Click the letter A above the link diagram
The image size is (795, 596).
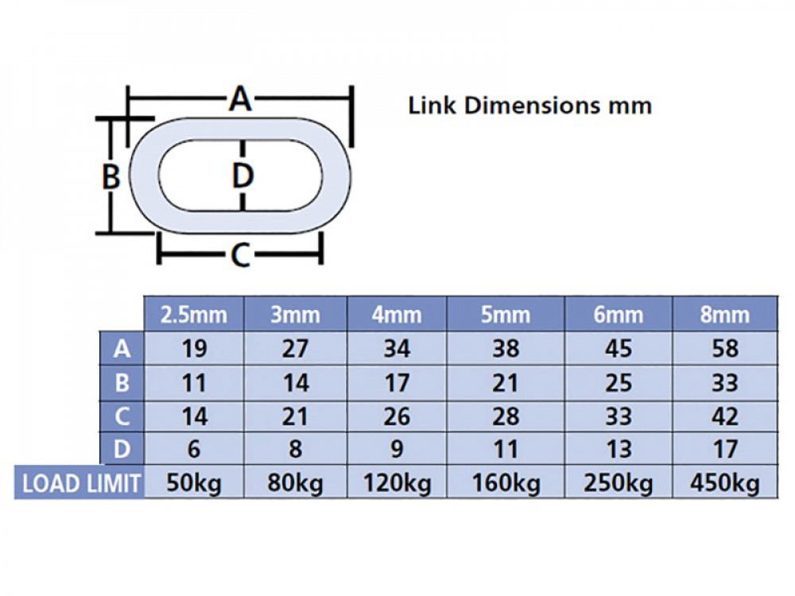click(x=240, y=99)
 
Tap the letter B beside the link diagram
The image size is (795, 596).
click(x=111, y=177)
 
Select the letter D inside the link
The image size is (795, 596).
click(x=242, y=176)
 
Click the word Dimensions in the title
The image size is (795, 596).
click(x=531, y=106)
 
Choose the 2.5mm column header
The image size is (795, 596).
click(x=194, y=315)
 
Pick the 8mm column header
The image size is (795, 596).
click(x=724, y=315)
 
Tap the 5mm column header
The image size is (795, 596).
click(x=506, y=315)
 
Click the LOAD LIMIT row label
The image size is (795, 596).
click(x=81, y=483)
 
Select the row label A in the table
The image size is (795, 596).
click(x=122, y=349)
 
